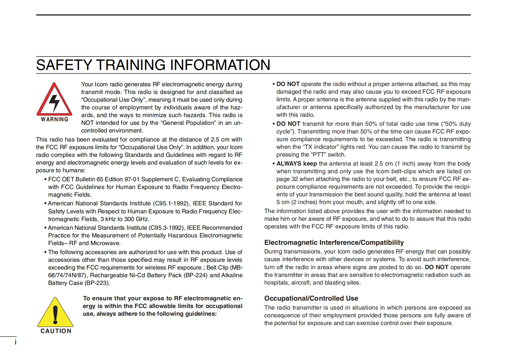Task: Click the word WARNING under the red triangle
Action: click(x=55, y=119)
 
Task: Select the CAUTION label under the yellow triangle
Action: click(x=56, y=331)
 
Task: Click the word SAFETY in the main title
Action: click(x=64, y=65)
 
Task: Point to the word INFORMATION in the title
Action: click(x=220, y=65)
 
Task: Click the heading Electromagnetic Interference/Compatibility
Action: click(x=334, y=243)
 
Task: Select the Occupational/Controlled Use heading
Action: click(x=311, y=298)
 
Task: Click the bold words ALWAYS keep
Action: click(x=296, y=164)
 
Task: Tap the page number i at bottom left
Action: click(x=15, y=342)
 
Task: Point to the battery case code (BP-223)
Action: click(x=97, y=283)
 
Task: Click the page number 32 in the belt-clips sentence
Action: click(x=295, y=179)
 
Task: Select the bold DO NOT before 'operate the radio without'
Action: click(x=288, y=84)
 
